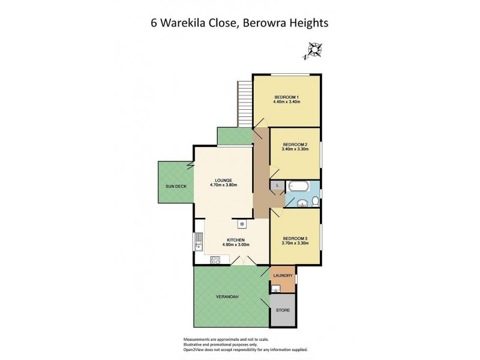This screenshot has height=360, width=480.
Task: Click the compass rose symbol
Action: coord(313,50)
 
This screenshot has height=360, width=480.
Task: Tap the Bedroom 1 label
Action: coord(286,97)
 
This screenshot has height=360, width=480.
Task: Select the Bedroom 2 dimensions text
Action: coord(295,149)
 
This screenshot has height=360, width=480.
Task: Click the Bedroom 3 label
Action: coord(295,239)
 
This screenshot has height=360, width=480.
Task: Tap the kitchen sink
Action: coord(198,242)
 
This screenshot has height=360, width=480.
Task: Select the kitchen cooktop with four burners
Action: coord(216,260)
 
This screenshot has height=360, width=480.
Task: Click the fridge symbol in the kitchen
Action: coord(242,224)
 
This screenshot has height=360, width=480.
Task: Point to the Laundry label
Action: coord(282,276)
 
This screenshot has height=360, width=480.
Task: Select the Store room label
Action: coord(283,310)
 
